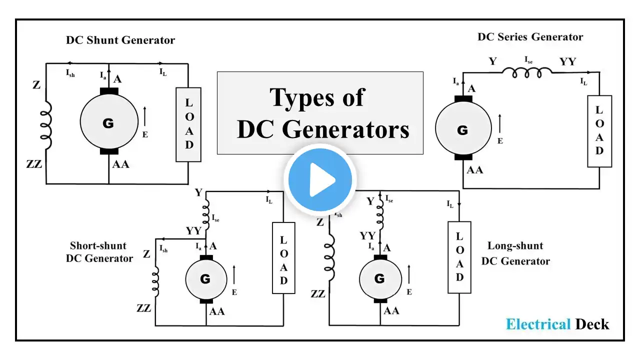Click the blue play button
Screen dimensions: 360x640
pyautogui.click(x=319, y=179)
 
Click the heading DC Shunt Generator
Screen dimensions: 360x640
pyautogui.click(x=120, y=40)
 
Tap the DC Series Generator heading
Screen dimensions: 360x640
pyautogui.click(x=530, y=36)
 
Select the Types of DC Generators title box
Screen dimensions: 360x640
pyautogui.click(x=320, y=113)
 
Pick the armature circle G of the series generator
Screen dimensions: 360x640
pyautogui.click(x=462, y=130)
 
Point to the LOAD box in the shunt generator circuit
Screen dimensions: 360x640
pyautogui.click(x=188, y=124)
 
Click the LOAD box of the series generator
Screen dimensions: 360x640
pyautogui.click(x=599, y=131)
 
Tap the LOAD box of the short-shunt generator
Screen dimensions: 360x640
pyautogui.click(x=283, y=257)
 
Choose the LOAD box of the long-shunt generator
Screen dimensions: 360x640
pyautogui.click(x=459, y=257)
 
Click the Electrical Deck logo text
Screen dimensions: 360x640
pyautogui.click(x=557, y=324)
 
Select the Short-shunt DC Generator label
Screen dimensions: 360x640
pyautogui.click(x=99, y=252)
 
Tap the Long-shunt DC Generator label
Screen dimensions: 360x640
pyautogui.click(x=515, y=253)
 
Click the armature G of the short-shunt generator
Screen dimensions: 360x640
pyautogui.click(x=205, y=279)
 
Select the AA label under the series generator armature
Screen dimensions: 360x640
pyautogui.click(x=474, y=170)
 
